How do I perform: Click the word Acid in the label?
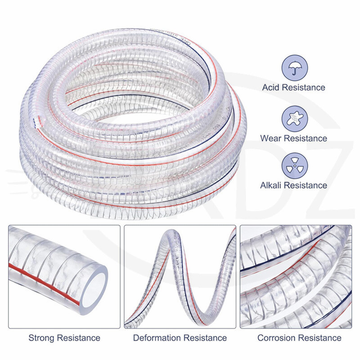point(271,88)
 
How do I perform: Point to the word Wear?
point(270,138)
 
